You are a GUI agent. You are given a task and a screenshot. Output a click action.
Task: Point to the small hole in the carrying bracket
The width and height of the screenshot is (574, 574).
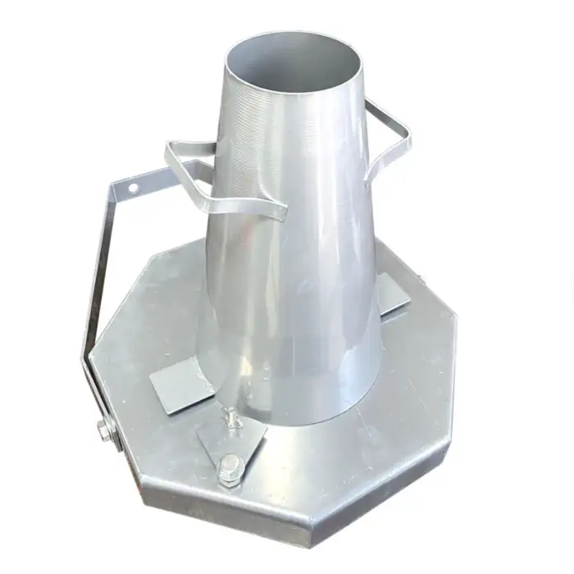132,188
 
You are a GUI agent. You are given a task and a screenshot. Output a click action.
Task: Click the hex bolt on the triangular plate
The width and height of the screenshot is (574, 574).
230,467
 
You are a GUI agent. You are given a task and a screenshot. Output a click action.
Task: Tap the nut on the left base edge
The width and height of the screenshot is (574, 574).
104,428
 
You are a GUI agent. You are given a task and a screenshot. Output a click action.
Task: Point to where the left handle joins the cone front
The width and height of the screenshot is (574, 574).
275,209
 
